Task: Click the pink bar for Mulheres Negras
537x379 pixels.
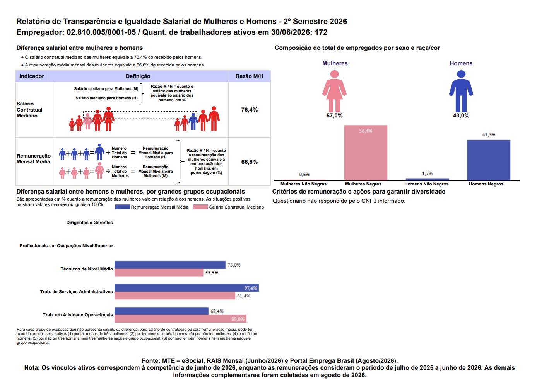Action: pyautogui.click(x=366, y=153)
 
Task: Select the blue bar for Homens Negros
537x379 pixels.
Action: pyautogui.click(x=489, y=160)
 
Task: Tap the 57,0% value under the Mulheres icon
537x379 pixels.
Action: pyautogui.click(x=334, y=116)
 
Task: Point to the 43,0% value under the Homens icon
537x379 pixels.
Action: pyautogui.click(x=461, y=116)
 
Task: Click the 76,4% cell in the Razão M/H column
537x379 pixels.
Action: pyautogui.click(x=249, y=110)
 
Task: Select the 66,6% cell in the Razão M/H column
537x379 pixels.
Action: pyautogui.click(x=249, y=162)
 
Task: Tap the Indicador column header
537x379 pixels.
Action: pyautogui.click(x=32, y=76)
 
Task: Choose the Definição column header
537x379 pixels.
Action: pyautogui.click(x=138, y=76)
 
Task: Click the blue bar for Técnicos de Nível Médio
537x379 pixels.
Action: pyautogui.click(x=170, y=265)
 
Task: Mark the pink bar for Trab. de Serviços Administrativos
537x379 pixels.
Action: pyautogui.click(x=175, y=296)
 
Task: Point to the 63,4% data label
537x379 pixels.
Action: pyautogui.click(x=217, y=311)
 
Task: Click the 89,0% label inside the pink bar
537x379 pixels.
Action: pyautogui.click(x=238, y=319)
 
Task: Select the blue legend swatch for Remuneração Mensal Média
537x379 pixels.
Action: pyautogui.click(x=122, y=207)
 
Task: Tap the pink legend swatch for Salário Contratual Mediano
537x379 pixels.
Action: pyautogui.click(x=200, y=207)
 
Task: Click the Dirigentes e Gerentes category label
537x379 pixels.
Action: pyautogui.click(x=90, y=223)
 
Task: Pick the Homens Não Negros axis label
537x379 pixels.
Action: pyautogui.click(x=426, y=184)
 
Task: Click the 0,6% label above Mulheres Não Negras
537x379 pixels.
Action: pyautogui.click(x=304, y=175)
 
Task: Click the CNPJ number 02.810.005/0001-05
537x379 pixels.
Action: pyautogui.click(x=101, y=32)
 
